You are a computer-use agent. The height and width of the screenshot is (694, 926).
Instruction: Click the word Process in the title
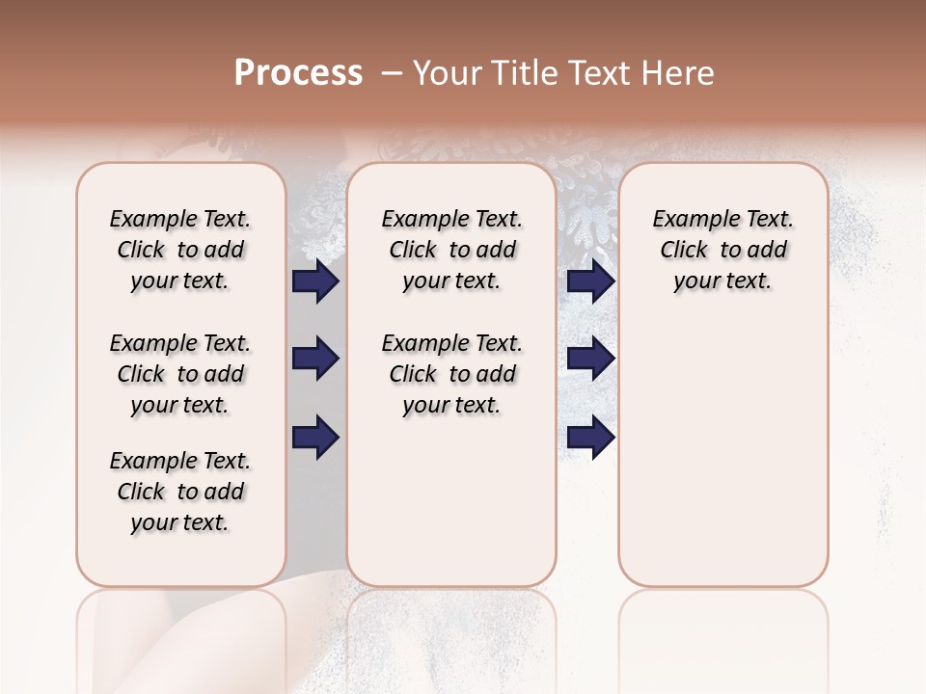(298, 73)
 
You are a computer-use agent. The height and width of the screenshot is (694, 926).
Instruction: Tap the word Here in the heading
(680, 73)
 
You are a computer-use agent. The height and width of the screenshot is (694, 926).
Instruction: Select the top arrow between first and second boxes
(315, 281)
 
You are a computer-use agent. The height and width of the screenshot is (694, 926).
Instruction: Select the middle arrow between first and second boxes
(315, 360)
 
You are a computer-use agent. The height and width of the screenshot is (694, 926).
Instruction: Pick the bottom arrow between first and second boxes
(315, 437)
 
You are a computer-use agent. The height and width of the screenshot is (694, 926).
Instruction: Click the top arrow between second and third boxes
(591, 281)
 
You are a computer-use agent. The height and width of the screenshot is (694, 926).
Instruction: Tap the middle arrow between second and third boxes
(591, 360)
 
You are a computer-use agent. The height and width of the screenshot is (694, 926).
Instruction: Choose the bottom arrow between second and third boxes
(591, 437)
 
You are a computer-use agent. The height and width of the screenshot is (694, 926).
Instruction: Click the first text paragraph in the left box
(180, 250)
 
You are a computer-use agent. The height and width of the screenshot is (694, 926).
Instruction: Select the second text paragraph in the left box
(180, 374)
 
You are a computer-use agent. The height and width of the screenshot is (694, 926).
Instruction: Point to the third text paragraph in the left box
(180, 492)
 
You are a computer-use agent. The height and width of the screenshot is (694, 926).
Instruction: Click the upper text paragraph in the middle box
(451, 250)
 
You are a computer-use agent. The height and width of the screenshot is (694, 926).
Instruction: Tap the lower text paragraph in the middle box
(451, 374)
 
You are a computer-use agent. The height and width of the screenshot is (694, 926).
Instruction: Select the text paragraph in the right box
(722, 250)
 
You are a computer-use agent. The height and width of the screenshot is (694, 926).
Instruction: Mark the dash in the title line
(391, 73)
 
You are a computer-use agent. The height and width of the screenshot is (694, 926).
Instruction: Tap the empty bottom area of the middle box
(451, 511)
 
